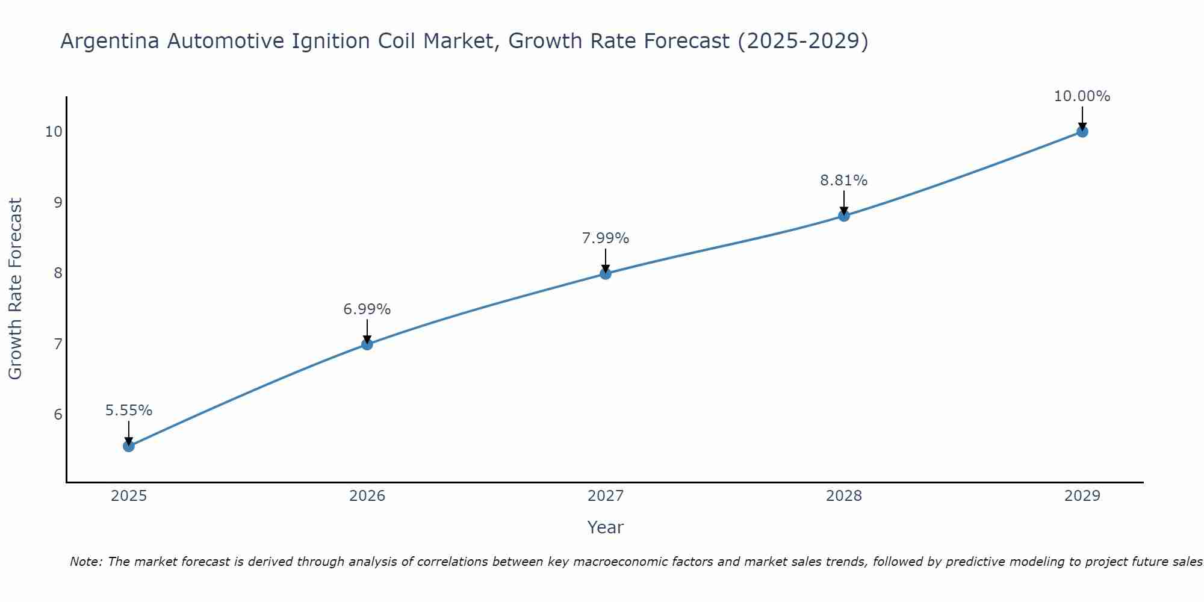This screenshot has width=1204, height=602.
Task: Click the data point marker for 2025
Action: click(x=128, y=446)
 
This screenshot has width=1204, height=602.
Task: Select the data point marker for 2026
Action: click(x=367, y=344)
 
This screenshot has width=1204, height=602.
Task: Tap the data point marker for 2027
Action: click(x=605, y=274)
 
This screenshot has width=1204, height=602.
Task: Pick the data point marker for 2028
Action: click(x=843, y=216)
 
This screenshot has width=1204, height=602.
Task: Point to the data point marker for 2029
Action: click(x=1082, y=132)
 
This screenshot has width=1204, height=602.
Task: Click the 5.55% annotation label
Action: click(x=129, y=411)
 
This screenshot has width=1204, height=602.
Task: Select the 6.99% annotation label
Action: click(x=367, y=309)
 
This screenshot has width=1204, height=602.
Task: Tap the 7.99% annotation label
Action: click(x=605, y=238)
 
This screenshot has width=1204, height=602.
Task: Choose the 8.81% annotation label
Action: click(x=843, y=181)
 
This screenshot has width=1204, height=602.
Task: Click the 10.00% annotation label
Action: click(x=1082, y=96)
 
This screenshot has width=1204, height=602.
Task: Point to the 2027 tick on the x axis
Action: click(x=605, y=496)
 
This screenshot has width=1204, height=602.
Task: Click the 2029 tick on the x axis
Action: click(x=1082, y=496)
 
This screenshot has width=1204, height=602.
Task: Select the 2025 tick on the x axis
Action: click(x=129, y=496)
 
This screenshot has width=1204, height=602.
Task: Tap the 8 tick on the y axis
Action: click(x=58, y=273)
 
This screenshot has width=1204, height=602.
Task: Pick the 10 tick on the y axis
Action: click(x=54, y=132)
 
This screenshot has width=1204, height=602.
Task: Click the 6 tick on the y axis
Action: click(x=58, y=415)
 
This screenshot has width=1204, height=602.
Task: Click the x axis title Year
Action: click(x=605, y=527)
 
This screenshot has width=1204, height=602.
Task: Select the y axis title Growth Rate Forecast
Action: click(x=15, y=289)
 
